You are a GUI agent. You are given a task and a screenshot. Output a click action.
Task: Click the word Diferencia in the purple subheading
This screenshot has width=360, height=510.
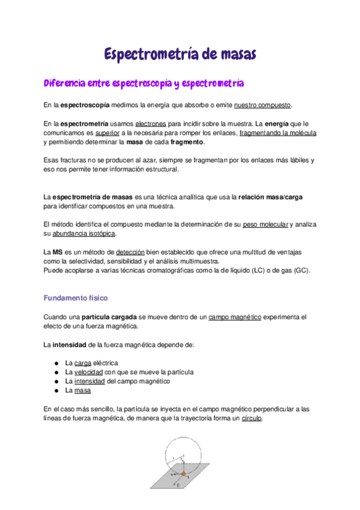[64, 82]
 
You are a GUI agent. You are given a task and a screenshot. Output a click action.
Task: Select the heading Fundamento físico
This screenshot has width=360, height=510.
[76, 298]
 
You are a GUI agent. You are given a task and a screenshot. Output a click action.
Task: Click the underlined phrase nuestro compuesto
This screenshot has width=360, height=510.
[262, 105]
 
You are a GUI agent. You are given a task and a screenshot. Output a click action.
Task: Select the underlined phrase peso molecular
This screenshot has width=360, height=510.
[266, 224]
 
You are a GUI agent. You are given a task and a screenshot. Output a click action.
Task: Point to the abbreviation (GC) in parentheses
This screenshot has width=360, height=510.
[300, 271]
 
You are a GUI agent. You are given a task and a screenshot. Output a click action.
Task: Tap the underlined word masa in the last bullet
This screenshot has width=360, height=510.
[83, 390]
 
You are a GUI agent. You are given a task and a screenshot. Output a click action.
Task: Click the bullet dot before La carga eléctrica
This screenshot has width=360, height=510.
[55, 363]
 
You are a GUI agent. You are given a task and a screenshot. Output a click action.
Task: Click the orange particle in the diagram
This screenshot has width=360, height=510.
[184, 474]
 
